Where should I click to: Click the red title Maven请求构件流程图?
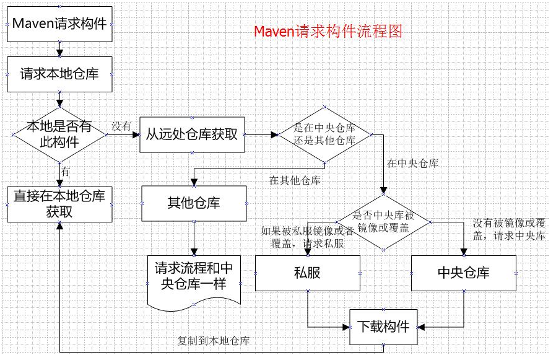328,31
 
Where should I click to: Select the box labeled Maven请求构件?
59,25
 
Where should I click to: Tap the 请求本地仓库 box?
59,74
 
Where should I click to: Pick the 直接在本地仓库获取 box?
59,204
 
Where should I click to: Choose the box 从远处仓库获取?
192,134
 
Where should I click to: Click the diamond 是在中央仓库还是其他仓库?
325,134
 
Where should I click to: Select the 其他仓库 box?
194,203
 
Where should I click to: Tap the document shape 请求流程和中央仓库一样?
194,277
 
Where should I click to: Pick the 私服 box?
307,273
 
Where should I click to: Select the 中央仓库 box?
463,273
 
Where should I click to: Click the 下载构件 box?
384,326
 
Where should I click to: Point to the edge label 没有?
121,126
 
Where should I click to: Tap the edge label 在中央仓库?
412,164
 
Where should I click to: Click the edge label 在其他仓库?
295,180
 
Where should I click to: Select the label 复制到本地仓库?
214,340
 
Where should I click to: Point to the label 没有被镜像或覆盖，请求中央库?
508,229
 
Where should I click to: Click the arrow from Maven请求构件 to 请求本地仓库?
59,48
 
